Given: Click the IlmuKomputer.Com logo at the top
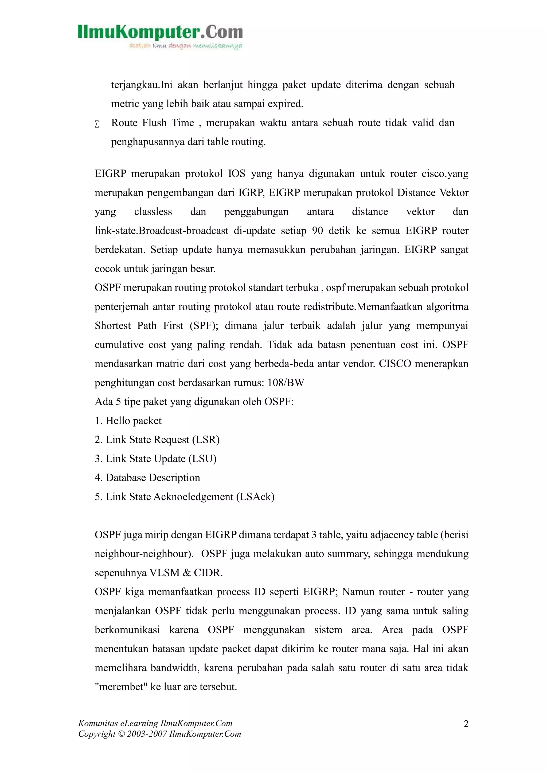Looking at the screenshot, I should pos(160,32).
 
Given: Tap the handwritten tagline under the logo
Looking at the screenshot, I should pos(186,46).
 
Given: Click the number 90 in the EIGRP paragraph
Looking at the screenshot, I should pos(317,231).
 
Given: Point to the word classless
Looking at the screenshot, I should pos(153,212).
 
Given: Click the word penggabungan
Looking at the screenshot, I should pos(256,212).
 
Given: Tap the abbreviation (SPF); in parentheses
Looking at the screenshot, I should pos(204,326).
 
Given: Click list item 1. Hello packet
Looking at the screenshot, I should pos(128,421).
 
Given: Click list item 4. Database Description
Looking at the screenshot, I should pos(147,478).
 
